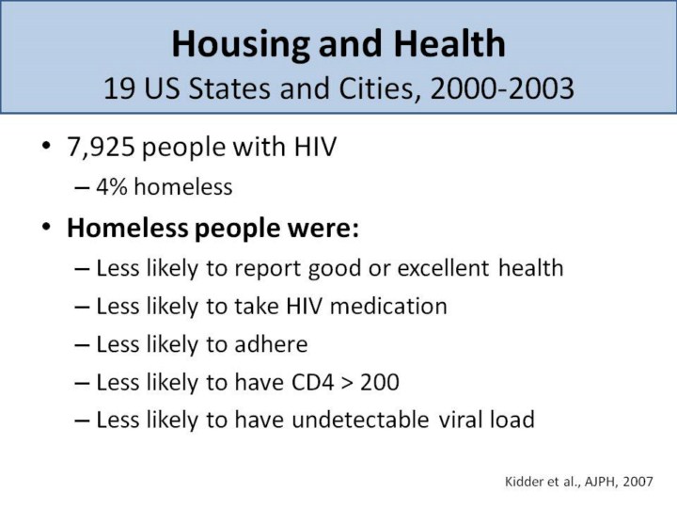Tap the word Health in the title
tap(449, 43)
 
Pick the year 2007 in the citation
tap(649, 481)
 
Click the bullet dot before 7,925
tap(46, 150)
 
